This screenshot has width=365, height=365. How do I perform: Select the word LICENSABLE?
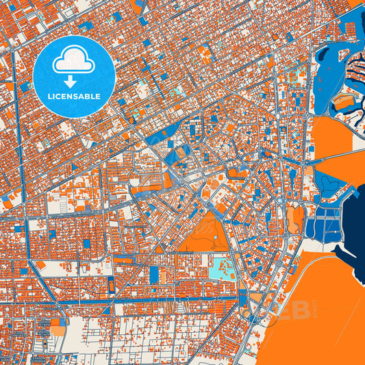[73, 96]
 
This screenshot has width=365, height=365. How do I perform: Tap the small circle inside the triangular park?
[215, 239]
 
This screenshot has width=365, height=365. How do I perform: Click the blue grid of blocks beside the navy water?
[323, 227]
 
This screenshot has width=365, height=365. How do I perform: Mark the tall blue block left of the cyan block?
[154, 274]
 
